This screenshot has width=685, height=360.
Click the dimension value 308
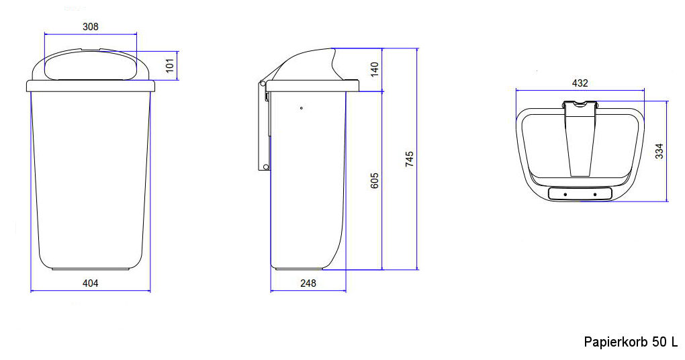click(x=90, y=27)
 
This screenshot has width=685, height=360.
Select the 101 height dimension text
click(x=170, y=65)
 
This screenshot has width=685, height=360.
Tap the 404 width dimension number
click(x=90, y=283)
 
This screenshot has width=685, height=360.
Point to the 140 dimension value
click(x=375, y=69)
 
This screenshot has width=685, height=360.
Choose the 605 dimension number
click(x=375, y=181)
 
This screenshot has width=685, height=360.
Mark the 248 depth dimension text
click(x=308, y=283)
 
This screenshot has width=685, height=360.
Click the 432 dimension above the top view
click(x=580, y=83)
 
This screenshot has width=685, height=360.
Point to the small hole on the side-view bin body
click(x=302, y=107)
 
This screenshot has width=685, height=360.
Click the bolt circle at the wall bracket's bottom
click(x=266, y=167)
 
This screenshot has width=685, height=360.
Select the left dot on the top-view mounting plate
click(x=565, y=194)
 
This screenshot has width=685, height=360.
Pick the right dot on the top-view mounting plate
click(x=595, y=194)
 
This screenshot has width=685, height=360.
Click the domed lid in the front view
click(x=90, y=66)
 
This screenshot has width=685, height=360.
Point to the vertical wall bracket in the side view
click(x=261, y=128)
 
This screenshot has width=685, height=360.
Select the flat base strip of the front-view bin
click(x=91, y=269)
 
